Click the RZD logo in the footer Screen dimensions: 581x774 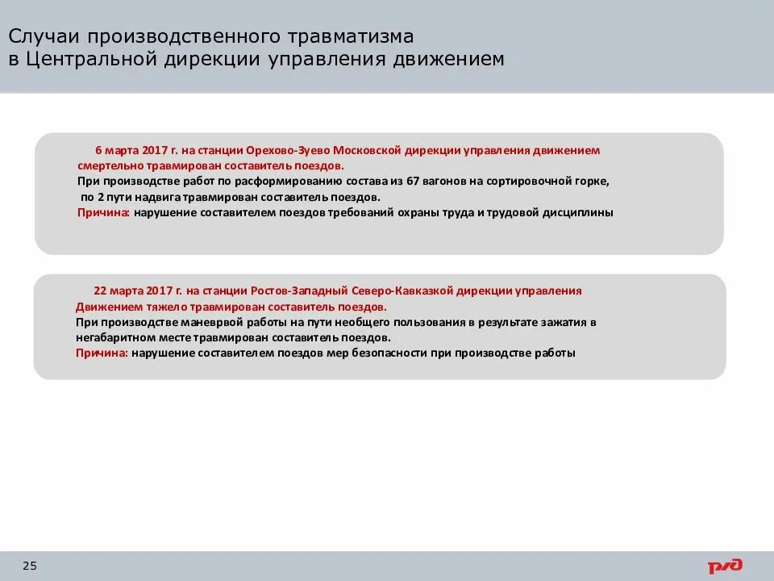click(725, 566)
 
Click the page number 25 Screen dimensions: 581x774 click(30, 566)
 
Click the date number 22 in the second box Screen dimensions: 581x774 click(100, 290)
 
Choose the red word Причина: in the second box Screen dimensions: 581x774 click(102, 353)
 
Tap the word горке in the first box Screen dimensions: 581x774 click(590, 182)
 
